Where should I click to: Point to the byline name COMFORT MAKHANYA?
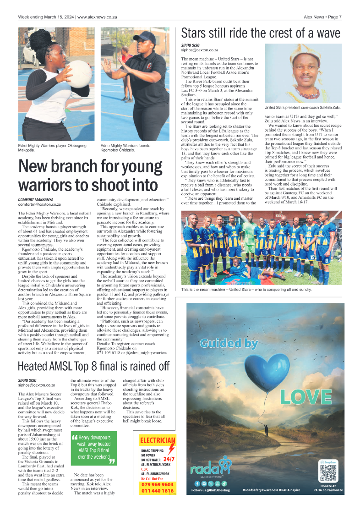pos(36,200)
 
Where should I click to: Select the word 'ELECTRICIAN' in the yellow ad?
pos(157,440)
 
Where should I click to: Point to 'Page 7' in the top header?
pos(334,17)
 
